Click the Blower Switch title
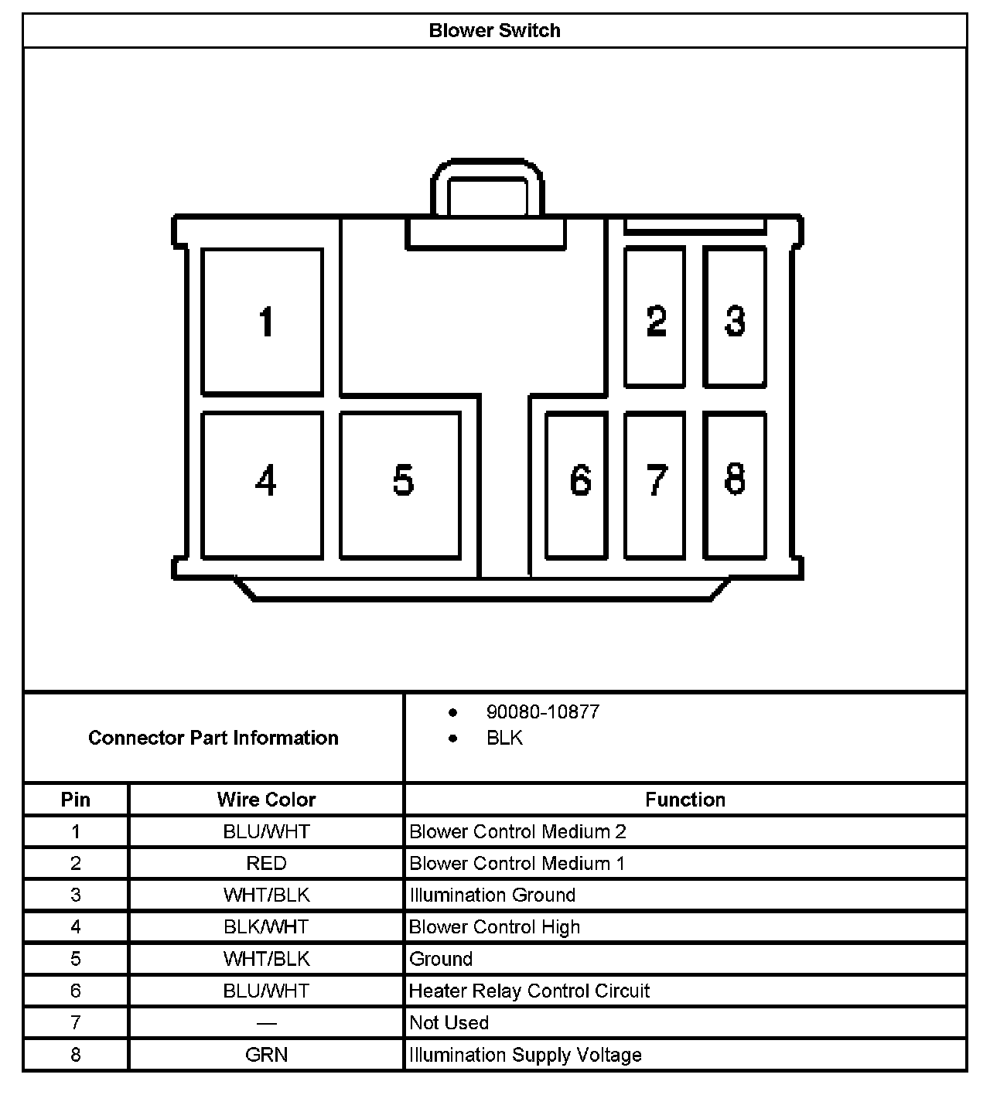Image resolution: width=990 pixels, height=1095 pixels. click(x=494, y=31)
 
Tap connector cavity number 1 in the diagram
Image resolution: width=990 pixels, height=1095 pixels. click(x=262, y=322)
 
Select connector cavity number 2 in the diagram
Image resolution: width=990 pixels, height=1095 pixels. click(x=654, y=318)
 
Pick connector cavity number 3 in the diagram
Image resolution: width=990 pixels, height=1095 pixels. click(x=735, y=318)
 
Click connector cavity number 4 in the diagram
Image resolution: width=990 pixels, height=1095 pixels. click(x=262, y=484)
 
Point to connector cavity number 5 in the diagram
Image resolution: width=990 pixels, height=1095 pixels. click(x=401, y=484)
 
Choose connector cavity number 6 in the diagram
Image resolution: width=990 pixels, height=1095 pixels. click(x=576, y=484)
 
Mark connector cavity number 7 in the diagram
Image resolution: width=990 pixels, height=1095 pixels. click(x=654, y=484)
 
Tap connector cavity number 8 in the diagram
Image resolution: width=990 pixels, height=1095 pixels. click(x=735, y=484)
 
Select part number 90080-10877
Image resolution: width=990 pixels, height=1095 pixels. click(x=542, y=712)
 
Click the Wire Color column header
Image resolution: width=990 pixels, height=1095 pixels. click(x=266, y=800)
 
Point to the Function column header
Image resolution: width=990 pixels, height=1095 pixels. click(x=684, y=800)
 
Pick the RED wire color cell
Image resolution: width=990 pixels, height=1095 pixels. click(x=266, y=863)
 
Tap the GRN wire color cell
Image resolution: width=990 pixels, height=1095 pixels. click(x=266, y=1055)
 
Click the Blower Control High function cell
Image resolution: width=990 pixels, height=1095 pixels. click(x=494, y=927)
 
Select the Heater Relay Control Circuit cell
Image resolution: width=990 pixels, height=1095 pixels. click(x=529, y=991)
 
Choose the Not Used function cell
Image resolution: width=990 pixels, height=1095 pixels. click(x=449, y=1023)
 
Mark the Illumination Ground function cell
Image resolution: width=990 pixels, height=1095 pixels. click(x=492, y=895)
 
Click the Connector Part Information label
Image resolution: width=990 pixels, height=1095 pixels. click(x=213, y=738)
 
